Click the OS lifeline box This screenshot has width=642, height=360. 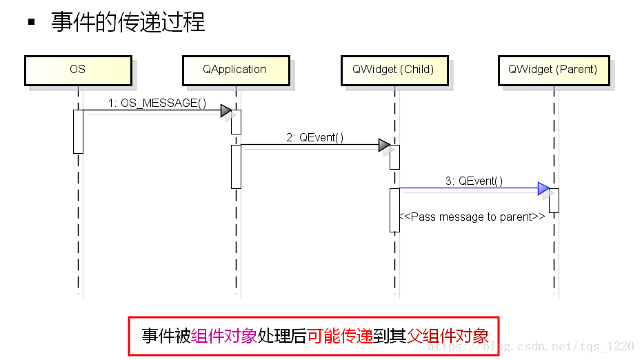77,70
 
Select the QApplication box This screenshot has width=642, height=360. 234,70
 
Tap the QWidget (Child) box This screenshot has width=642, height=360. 393,70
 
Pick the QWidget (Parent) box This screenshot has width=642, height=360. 552,70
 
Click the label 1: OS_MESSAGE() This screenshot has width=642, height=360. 157,103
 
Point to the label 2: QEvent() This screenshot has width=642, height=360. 315,137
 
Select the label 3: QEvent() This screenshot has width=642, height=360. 474,181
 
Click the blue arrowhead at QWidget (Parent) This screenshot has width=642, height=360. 543,188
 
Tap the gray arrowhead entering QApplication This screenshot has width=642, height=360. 225,110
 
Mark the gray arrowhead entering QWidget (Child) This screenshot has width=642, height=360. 384,145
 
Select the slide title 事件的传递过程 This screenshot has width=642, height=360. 128,22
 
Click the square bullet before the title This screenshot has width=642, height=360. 31,22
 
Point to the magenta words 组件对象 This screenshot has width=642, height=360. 224,336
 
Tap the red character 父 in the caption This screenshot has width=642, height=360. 414,336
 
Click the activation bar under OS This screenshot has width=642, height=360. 78,131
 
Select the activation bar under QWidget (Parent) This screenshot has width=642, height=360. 554,200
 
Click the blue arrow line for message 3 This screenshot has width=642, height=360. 469,188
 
